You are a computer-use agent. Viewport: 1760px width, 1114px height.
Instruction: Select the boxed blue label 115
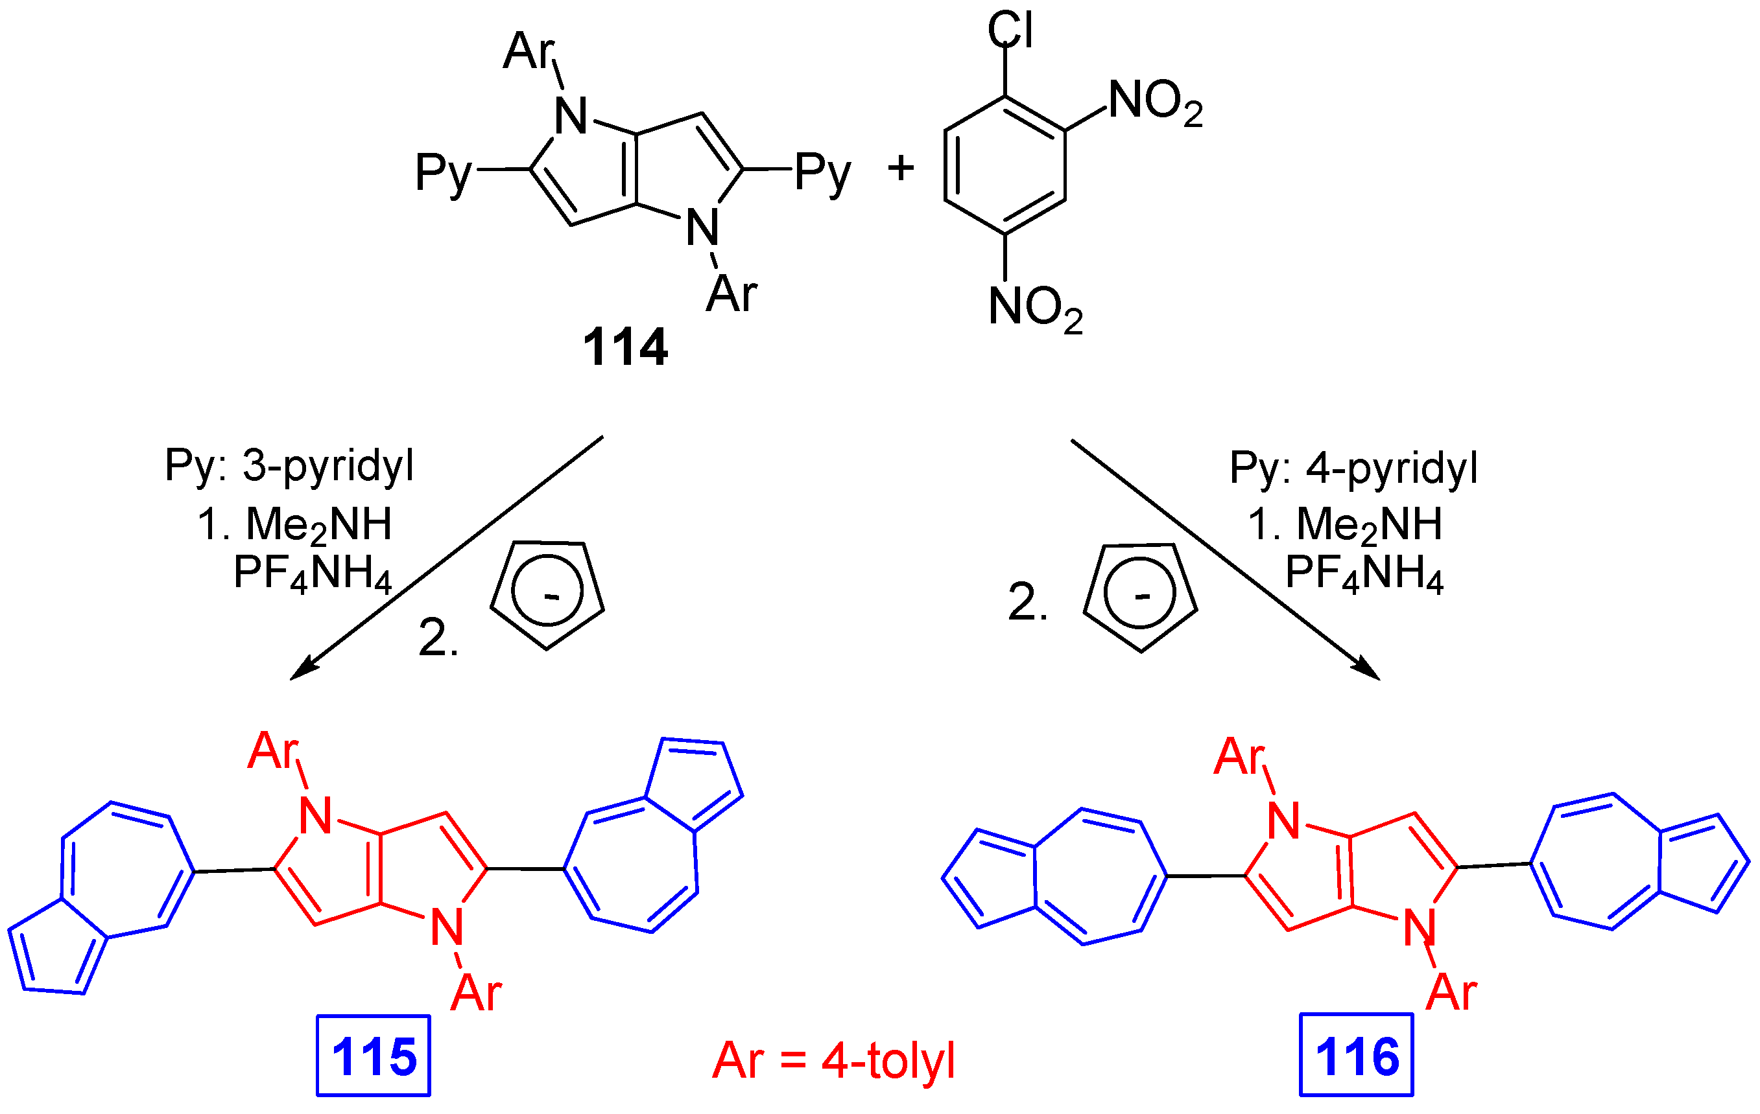[374, 1056]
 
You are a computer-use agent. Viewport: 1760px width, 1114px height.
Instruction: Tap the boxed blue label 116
[1357, 1056]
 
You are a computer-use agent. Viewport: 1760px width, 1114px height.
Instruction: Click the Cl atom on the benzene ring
[1010, 30]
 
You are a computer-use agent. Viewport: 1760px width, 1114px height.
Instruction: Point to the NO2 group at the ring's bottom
[1035, 308]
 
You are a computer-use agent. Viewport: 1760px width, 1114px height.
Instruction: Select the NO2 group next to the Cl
[1155, 102]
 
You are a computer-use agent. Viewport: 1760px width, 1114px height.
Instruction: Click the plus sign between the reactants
[901, 168]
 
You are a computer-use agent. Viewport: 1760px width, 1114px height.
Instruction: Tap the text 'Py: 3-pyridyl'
[289, 466]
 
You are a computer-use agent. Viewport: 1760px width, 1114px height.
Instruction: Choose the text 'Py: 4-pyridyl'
[1353, 467]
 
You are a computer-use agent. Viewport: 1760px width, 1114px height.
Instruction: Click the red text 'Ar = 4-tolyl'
[833, 1060]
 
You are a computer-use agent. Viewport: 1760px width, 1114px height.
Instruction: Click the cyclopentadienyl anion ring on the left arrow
[547, 592]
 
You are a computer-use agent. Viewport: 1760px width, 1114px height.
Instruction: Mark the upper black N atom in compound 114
[571, 116]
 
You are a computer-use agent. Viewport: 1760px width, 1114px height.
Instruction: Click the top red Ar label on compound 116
[1239, 757]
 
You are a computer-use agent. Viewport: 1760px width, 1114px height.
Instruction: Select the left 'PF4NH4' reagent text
[313, 574]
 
